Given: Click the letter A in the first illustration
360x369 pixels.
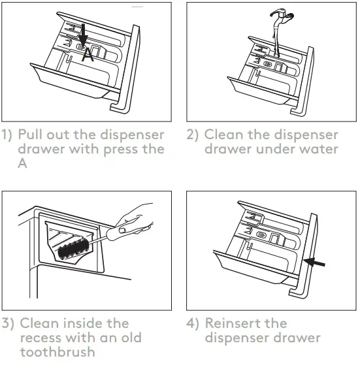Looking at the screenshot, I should [x=88, y=56].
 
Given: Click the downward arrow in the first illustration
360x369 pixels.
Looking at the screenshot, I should [x=82, y=36].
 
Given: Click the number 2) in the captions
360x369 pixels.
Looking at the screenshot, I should [x=193, y=135].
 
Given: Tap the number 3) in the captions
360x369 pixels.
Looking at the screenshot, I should [x=8, y=323].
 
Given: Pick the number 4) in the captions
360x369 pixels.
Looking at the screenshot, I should [x=193, y=323].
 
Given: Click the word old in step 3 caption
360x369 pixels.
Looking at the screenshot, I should [x=129, y=338].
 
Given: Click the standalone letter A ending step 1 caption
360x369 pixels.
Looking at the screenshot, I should [x=24, y=164].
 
